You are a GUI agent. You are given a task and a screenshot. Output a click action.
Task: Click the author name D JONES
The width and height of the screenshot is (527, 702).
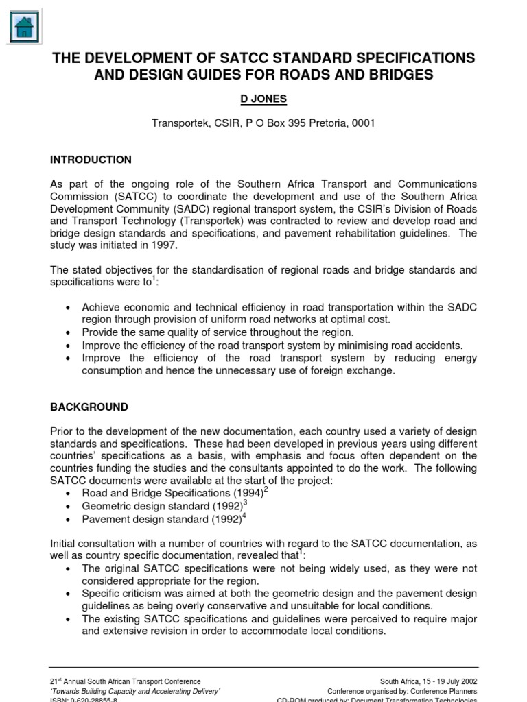(263, 99)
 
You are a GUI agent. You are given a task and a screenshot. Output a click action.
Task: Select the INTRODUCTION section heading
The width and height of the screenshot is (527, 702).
(91, 160)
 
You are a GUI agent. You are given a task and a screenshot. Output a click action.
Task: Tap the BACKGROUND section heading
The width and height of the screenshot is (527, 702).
(89, 407)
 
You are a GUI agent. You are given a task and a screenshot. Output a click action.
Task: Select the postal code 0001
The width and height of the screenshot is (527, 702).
(365, 124)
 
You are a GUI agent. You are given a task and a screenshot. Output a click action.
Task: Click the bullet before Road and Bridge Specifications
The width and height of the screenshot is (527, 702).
(67, 494)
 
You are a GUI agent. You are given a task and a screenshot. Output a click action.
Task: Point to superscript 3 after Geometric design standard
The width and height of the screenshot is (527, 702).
(245, 503)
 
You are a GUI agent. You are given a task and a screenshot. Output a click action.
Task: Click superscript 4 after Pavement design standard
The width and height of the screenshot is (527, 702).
(244, 516)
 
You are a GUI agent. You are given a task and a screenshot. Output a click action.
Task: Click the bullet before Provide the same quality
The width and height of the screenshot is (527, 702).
(67, 332)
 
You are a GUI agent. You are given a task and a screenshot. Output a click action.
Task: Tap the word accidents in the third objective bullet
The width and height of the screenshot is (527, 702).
(440, 345)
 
